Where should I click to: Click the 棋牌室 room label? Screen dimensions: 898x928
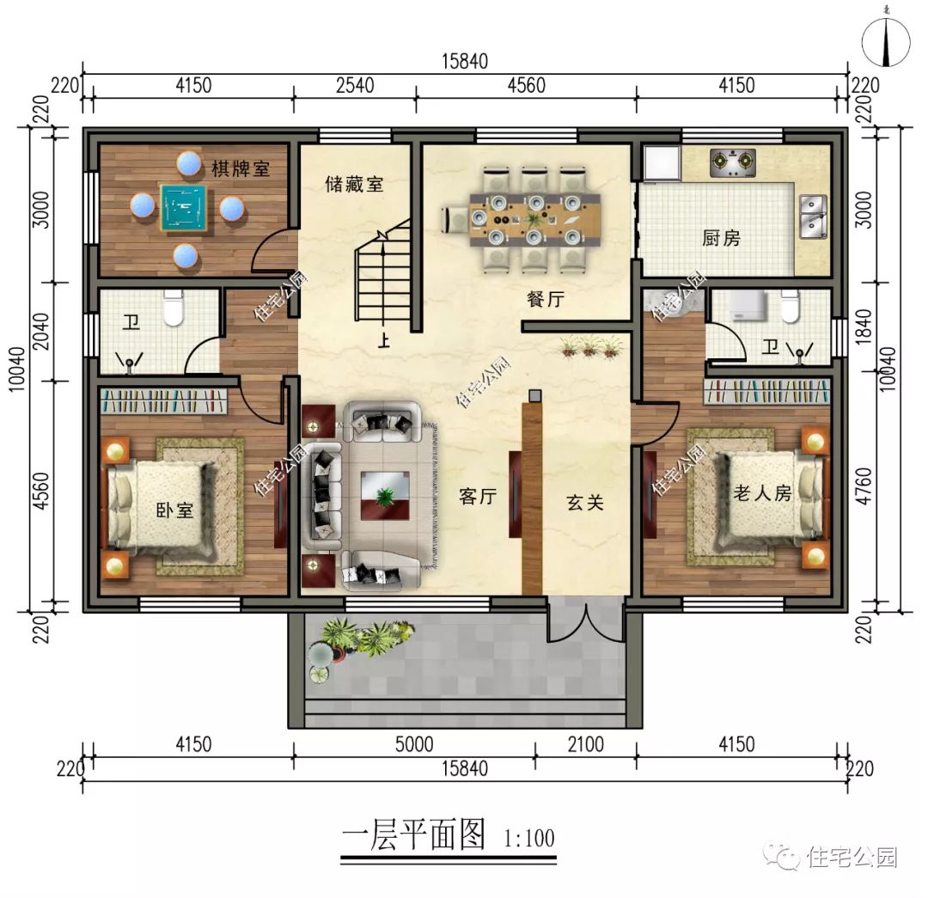241,168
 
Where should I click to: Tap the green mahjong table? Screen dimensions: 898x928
186,208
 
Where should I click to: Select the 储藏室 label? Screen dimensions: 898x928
354,184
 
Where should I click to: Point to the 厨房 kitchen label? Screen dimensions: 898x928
720,239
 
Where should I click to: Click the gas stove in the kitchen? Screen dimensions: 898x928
732,163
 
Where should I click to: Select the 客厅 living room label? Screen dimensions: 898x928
479,497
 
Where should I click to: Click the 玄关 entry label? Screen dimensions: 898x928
584,503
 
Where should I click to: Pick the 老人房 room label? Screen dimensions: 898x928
761,492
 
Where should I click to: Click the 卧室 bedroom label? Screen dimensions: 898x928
174,510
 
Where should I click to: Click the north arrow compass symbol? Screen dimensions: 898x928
888,39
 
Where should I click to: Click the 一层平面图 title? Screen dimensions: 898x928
413,835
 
